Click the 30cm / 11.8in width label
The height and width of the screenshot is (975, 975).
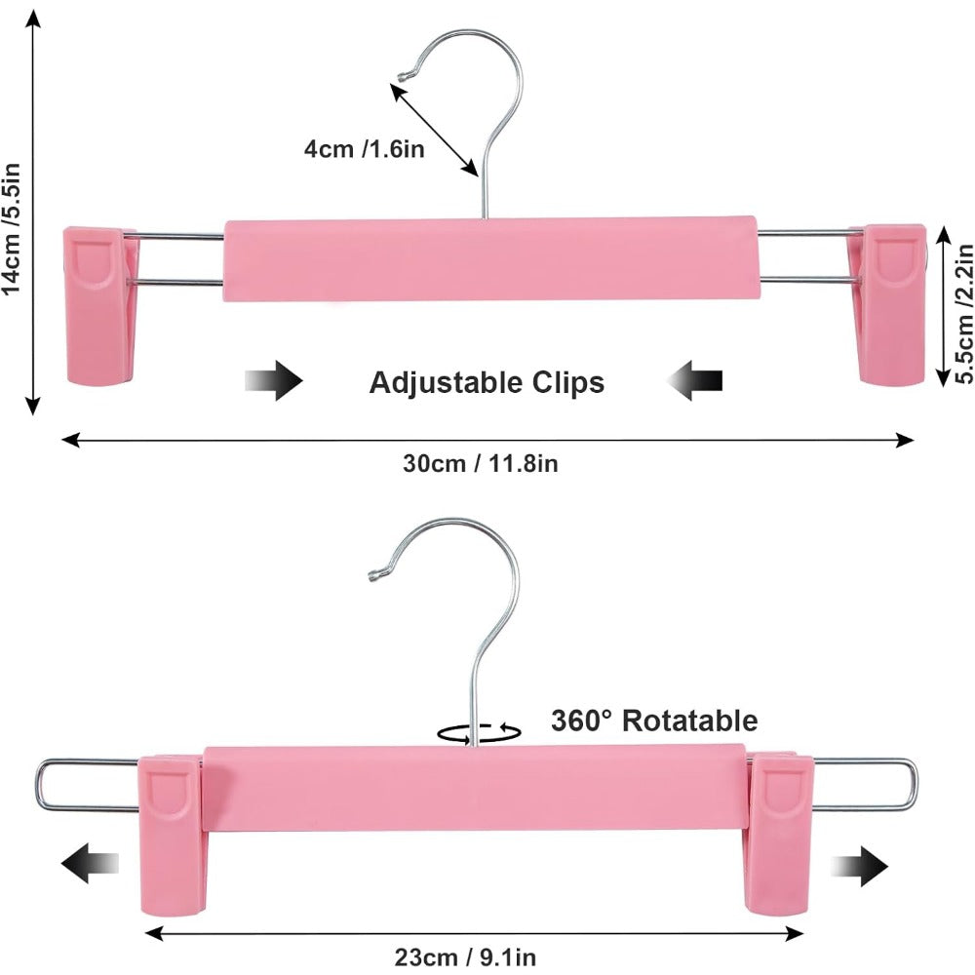pos(480,464)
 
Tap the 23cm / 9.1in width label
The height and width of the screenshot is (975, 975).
pos(465,957)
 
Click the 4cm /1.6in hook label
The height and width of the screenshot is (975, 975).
pos(364,149)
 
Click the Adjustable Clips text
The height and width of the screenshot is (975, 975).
pos(487,382)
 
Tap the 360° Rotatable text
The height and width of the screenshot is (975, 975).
pos(654,721)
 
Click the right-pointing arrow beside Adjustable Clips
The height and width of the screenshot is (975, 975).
pos(274,380)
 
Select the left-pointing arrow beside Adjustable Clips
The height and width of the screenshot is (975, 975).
pos(694,380)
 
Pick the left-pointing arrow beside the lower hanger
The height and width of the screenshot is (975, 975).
pos(90,864)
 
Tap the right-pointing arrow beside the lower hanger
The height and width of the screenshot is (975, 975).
pos(859,866)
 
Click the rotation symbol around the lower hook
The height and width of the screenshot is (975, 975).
pos(479,732)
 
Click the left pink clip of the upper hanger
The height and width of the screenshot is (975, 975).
pos(101,304)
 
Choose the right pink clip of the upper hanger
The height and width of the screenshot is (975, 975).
pos(888,304)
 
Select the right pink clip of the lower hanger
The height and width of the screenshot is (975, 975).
pos(779,835)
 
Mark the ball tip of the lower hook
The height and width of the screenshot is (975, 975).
pos(375,576)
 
